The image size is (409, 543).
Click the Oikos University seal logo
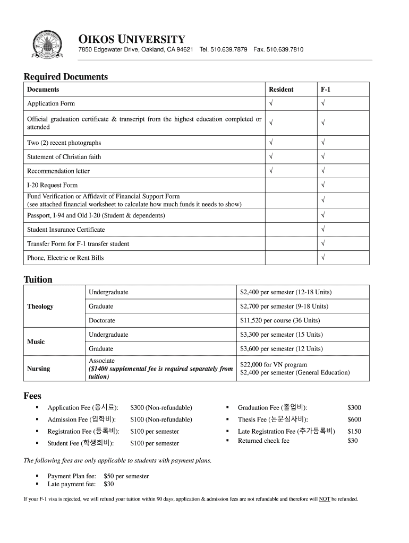pos(47,46)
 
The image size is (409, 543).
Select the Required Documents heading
pos(65,77)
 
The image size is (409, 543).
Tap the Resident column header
pos(281,90)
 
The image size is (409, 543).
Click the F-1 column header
pos(325,90)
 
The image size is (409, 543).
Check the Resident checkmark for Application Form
pos(271,104)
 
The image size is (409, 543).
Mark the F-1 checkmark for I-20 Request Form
pos(323,186)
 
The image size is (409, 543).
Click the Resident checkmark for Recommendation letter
pos(271,171)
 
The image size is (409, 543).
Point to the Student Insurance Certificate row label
pos(66,230)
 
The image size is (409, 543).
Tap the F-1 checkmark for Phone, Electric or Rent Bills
pos(323,258)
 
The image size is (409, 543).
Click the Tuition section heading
pos(38,279)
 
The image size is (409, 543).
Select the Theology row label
pos(40,306)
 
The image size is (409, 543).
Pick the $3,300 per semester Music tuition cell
pos(281,335)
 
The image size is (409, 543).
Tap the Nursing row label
pos(39,369)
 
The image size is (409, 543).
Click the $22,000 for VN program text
pos(274,365)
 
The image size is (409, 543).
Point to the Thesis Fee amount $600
pos(354,419)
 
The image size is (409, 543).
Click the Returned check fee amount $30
pos(352,441)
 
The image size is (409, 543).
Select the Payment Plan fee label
pos(71,476)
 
